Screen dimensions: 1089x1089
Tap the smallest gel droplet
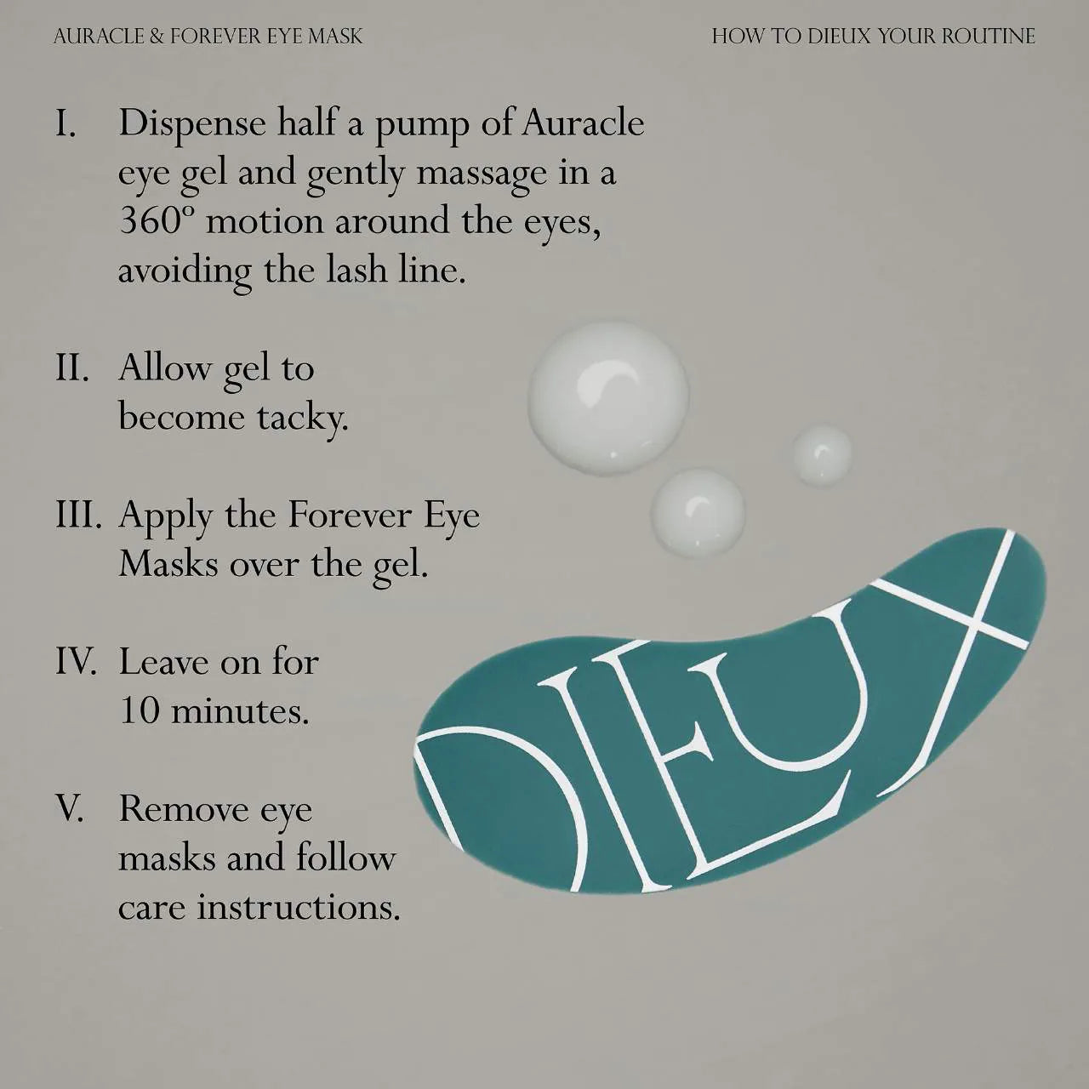(x=821, y=455)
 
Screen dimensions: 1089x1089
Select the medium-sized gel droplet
(x=698, y=513)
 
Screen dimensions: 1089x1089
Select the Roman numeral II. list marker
(x=71, y=369)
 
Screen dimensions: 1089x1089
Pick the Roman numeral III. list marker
(x=78, y=516)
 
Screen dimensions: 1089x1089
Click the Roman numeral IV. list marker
(x=75, y=662)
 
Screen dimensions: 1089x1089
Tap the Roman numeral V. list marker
(x=69, y=809)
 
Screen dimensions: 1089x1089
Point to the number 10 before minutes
(x=139, y=711)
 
